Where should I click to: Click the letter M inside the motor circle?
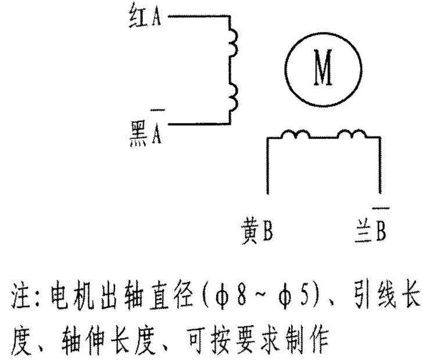click(323, 67)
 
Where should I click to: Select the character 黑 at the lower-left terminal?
click(139, 133)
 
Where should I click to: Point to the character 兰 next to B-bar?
click(363, 231)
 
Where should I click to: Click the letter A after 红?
click(156, 17)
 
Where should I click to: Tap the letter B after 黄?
click(268, 231)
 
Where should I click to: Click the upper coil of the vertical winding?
click(234, 42)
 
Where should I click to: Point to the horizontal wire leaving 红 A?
click(199, 16)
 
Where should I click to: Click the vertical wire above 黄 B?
click(268, 166)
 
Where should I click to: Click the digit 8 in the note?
click(242, 297)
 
